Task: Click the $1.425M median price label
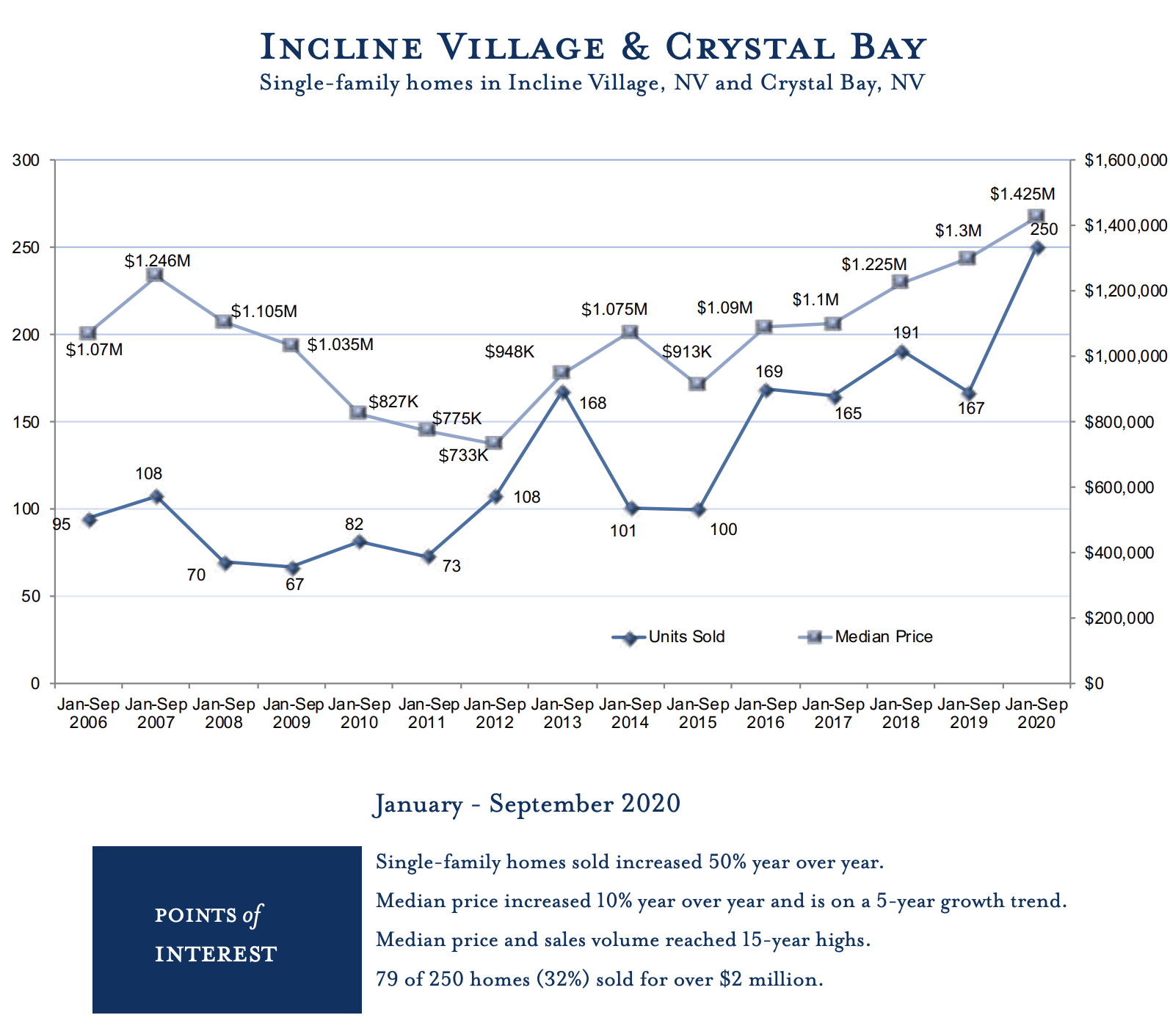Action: [1022, 194]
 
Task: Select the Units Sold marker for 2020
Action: [1037, 248]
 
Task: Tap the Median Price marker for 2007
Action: [155, 275]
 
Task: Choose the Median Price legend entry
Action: [866, 637]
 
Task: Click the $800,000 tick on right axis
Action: [1119, 423]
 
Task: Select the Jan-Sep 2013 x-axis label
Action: [562, 713]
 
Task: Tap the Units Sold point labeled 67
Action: [292, 568]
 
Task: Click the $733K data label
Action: [463, 456]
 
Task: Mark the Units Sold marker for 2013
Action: [563, 392]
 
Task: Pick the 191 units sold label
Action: [906, 333]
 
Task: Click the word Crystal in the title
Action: [749, 48]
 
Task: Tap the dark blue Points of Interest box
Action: [227, 930]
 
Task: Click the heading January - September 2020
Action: [527, 804]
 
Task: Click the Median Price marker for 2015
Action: [697, 385]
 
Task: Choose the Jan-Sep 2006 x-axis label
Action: [88, 713]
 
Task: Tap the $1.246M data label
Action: [157, 261]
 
